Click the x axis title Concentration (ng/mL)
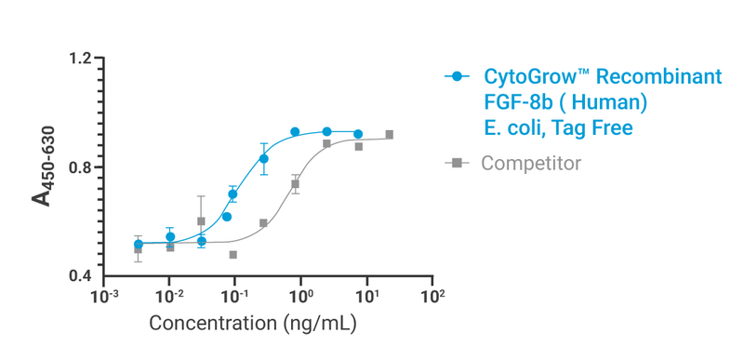254,325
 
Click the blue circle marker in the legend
456,77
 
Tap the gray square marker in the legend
456,164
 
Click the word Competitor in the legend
530,164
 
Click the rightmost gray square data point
389,135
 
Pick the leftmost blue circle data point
139,244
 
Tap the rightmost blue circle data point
358,134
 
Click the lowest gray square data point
232,254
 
